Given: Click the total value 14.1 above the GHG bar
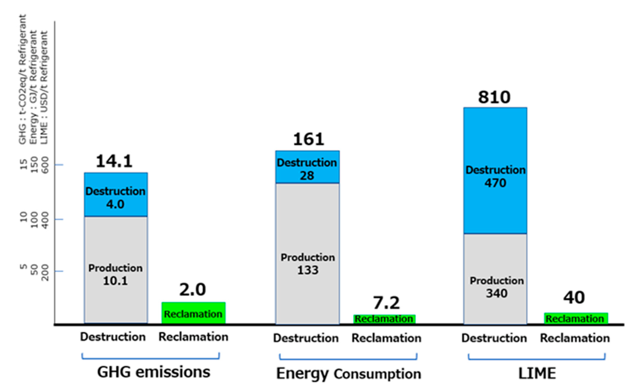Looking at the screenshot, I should click(114, 161).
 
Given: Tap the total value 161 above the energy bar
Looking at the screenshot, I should click(309, 139).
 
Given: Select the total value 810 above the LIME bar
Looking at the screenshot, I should click(494, 97).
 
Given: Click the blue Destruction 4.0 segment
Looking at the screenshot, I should click(116, 194).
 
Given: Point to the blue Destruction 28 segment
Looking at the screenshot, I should click(307, 167).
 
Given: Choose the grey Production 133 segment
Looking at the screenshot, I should click(307, 253).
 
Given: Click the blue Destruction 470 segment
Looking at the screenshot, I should click(495, 171).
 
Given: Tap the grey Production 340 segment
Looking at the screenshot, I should click(495, 279).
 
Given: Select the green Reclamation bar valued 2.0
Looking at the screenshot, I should click(193, 313).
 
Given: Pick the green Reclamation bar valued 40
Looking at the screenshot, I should click(576, 318).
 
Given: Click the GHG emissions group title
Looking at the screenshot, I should click(154, 372).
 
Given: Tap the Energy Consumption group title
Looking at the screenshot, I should click(348, 374).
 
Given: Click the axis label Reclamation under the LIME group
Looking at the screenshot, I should click(575, 338).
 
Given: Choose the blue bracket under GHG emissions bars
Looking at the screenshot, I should click(151, 358).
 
